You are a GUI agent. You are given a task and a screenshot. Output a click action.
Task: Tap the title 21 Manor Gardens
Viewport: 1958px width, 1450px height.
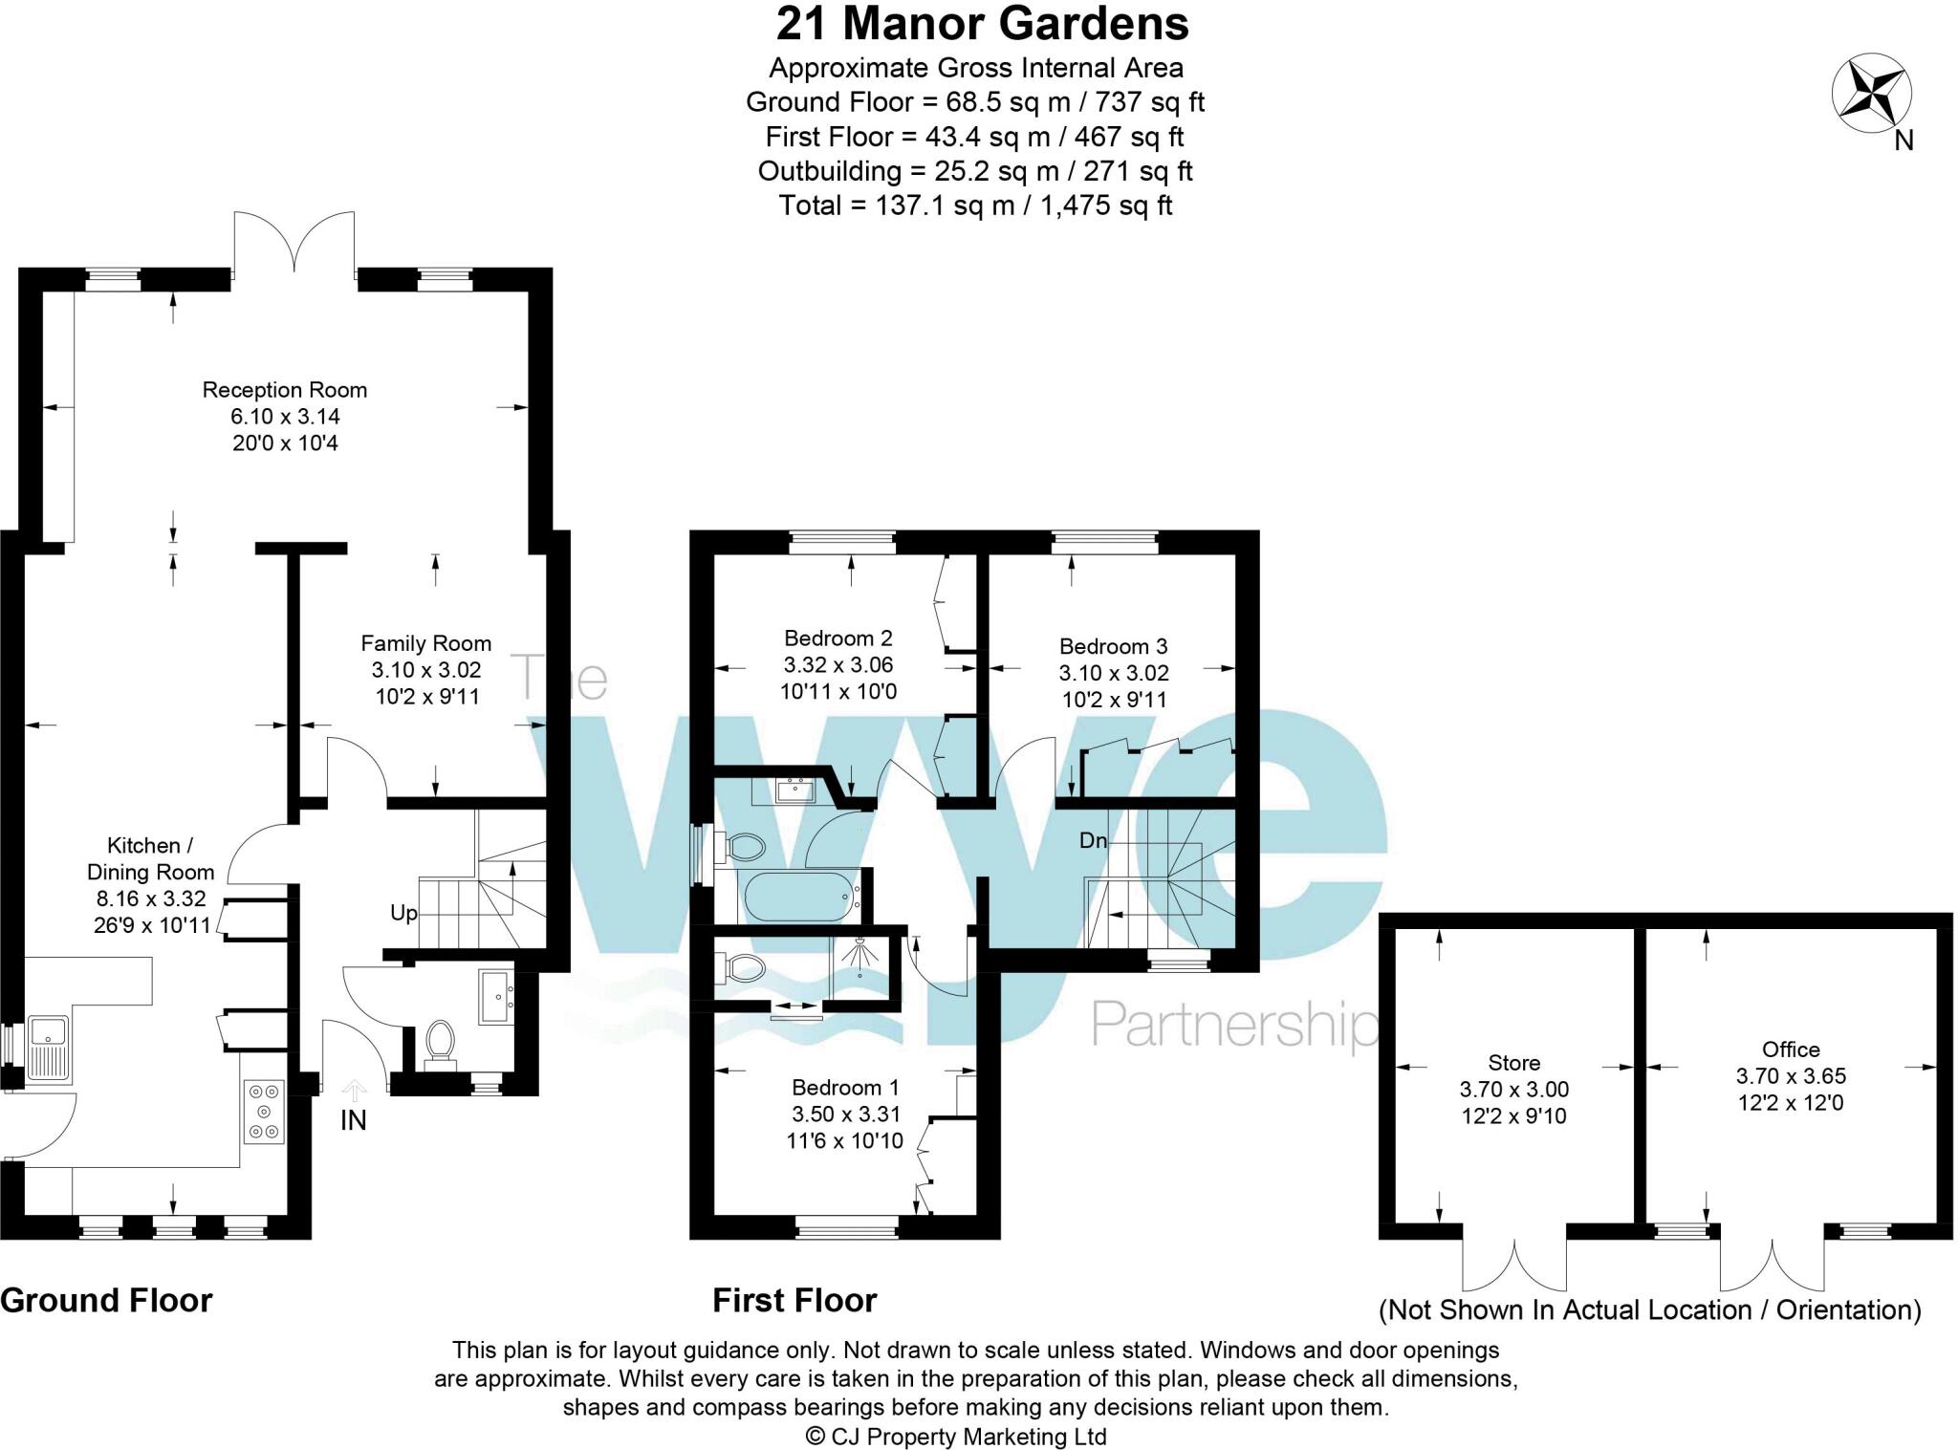point(982,24)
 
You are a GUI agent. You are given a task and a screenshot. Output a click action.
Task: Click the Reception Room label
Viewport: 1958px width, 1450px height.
point(284,390)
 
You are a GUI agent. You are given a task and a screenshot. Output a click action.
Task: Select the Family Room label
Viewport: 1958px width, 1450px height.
point(425,643)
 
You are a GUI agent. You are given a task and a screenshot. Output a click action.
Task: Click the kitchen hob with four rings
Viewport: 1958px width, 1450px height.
point(264,1112)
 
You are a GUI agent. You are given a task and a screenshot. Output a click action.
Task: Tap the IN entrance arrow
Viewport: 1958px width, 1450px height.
point(354,1090)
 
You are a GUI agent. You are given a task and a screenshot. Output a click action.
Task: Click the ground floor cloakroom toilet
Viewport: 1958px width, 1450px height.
point(440,1041)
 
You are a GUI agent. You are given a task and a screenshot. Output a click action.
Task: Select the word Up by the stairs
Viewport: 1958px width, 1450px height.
point(403,913)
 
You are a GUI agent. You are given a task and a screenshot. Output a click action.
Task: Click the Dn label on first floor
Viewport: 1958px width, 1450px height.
point(1093,841)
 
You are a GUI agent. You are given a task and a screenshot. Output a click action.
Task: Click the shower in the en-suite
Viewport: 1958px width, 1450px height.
point(859,960)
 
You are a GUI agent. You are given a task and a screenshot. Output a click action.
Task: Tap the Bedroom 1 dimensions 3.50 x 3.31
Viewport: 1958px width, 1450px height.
point(845,1114)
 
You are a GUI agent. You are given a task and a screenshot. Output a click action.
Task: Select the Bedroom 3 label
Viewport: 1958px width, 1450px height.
point(1113,646)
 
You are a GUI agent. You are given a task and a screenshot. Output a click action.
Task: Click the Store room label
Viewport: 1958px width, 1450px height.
point(1513,1063)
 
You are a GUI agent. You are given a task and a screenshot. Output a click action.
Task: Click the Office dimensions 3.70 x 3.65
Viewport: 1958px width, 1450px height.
point(1791,1075)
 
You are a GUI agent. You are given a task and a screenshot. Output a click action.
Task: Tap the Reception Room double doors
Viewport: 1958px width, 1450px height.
point(294,244)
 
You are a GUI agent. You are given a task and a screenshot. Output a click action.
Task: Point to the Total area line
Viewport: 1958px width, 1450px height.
point(975,206)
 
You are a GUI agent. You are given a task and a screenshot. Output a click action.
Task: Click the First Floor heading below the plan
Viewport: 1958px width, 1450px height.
point(794,1301)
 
